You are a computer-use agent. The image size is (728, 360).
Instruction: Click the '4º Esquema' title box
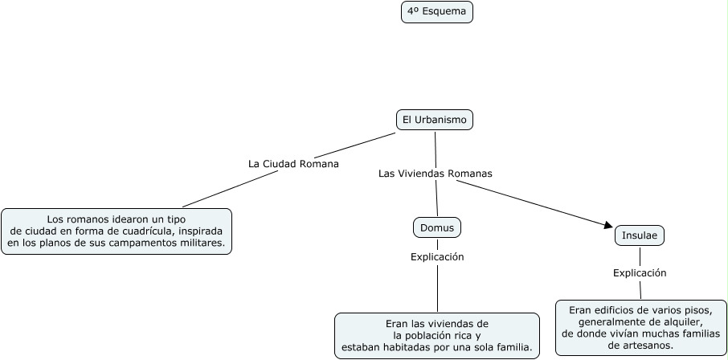[436, 12]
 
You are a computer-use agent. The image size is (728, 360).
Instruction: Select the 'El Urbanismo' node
[435, 120]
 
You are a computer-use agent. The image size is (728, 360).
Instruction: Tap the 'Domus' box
[437, 227]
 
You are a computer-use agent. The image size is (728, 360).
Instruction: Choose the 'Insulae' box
[640, 235]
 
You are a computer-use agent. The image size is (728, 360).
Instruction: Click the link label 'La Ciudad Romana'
[293, 163]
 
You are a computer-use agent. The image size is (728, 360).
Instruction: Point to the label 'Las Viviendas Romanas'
[435, 173]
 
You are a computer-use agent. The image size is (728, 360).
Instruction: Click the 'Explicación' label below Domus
[437, 257]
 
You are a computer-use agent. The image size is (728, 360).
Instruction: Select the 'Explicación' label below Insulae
[640, 272]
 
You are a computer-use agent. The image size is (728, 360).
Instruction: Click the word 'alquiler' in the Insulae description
[681, 321]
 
